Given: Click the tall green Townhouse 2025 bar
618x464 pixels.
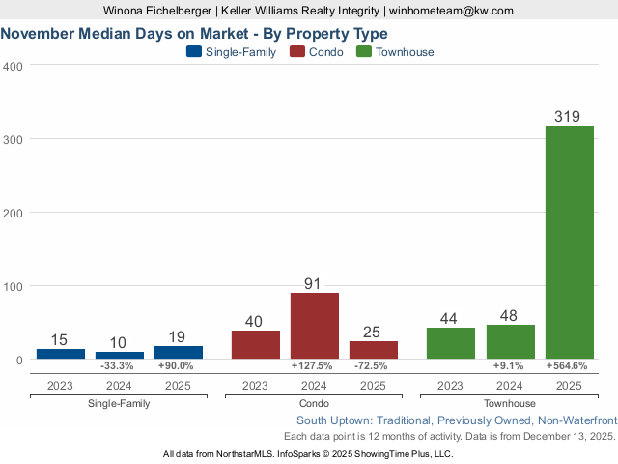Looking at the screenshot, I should click(570, 242).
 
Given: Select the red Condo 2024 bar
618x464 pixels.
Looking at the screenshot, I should click(315, 326).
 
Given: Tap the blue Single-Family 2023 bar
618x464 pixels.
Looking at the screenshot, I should click(61, 354).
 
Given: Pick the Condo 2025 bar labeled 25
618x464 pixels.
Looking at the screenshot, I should click(374, 350).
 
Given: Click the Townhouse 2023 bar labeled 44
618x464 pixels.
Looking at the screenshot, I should click(451, 343).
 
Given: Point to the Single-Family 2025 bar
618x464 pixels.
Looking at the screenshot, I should click(179, 353).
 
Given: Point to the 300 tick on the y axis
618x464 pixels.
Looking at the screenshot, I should click(14, 139).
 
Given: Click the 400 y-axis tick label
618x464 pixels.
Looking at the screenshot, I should click(14, 66).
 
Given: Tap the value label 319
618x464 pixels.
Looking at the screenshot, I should click(568, 117).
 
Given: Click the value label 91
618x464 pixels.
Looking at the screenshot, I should click(314, 284).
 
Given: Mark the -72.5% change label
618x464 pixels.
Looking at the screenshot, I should click(374, 366).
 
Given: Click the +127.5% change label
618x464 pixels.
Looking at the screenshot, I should click(312, 366).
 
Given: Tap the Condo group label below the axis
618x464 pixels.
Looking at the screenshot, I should click(314, 403).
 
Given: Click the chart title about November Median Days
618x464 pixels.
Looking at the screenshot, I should click(194, 34).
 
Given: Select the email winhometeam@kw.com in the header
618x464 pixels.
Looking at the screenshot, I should click(451, 11).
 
